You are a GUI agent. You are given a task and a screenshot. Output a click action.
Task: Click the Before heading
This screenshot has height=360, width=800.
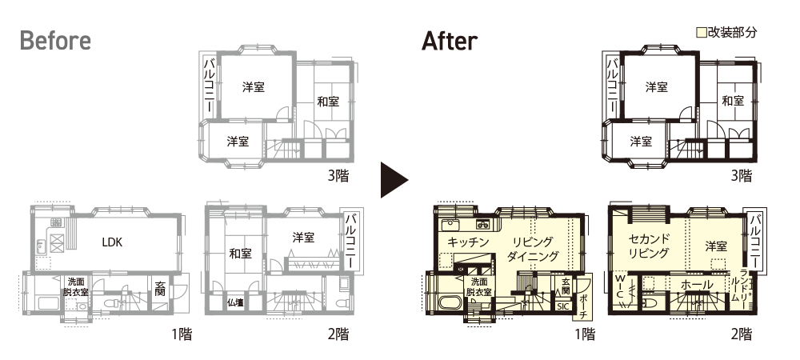[55, 41]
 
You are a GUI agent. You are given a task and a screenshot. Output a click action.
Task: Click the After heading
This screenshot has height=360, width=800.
[450, 41]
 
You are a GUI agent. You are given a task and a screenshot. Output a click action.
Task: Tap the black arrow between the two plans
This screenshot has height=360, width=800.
[394, 180]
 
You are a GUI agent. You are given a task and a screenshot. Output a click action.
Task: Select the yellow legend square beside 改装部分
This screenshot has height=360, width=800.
[702, 33]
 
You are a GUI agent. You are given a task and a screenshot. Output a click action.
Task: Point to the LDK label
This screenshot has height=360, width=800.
[112, 242]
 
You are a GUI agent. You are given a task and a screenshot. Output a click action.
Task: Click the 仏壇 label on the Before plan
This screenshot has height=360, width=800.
[236, 303]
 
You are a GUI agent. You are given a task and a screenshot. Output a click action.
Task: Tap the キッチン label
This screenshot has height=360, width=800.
[468, 242]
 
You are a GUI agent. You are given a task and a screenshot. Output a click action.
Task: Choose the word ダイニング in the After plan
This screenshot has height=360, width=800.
[534, 256]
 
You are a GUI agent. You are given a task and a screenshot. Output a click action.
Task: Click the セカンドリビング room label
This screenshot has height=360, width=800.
[649, 246]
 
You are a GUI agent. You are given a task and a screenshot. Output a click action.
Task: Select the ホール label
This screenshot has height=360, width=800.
[697, 286]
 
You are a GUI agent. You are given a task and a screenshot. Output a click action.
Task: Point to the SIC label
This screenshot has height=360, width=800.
[562, 307]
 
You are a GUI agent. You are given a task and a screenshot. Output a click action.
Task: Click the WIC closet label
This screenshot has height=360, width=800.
[620, 287]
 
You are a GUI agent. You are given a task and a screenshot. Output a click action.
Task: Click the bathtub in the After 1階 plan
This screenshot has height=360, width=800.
[449, 304]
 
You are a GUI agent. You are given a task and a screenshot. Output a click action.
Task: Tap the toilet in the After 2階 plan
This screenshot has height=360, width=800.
[649, 303]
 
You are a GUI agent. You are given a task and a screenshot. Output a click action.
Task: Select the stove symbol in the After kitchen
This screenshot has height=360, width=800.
[482, 224]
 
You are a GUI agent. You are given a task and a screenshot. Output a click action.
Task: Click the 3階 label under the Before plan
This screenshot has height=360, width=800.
[338, 177]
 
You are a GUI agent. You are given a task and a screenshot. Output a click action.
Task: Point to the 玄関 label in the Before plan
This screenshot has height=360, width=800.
[160, 289]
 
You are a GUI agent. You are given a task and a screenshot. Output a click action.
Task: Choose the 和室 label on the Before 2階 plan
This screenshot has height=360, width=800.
[240, 254]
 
